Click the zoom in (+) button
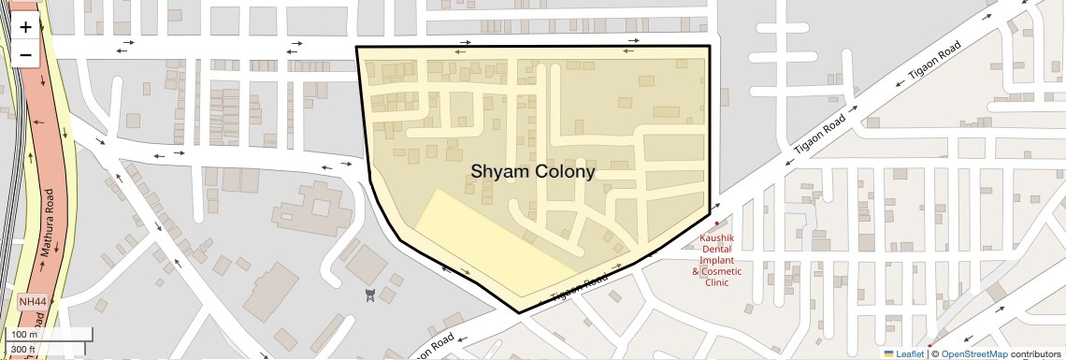coord(25,27)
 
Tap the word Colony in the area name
coord(564,172)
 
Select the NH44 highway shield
coord(31,302)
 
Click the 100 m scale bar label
coord(24,335)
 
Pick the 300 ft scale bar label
coord(23,350)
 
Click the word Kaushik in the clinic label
coord(717,239)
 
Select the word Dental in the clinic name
coord(717,250)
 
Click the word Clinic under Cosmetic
coord(716,282)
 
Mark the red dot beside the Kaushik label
coord(716,223)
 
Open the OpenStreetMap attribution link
coord(973,354)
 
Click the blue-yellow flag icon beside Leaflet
coord(888,354)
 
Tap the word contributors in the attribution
coord(1036,354)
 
